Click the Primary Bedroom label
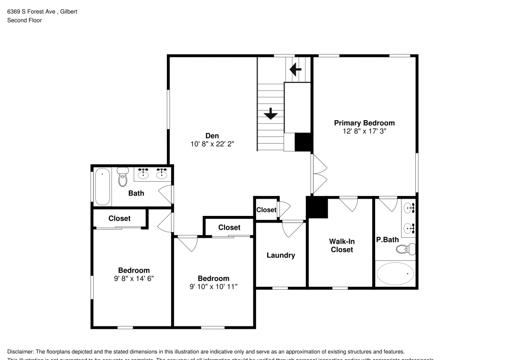364,123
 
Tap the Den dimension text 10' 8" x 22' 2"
212,144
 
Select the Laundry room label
280,255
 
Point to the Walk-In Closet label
342,245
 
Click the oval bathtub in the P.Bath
395,273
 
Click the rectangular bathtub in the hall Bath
102,186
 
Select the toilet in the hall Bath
123,178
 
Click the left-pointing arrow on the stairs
295,68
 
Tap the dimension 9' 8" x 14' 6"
134,279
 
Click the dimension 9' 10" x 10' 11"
213,287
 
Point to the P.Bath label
387,239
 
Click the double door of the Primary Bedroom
319,174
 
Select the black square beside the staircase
303,142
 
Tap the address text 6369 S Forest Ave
31,11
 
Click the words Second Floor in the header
24,20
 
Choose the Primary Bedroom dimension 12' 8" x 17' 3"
364,131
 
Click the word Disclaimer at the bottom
21,352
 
